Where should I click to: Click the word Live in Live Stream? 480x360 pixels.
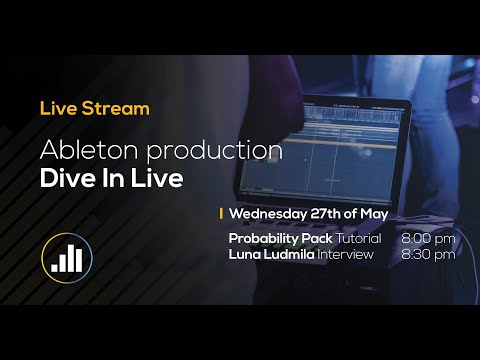click(x=57, y=107)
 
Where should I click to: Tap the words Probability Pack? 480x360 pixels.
click(x=280, y=240)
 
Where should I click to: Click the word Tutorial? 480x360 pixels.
click(x=357, y=240)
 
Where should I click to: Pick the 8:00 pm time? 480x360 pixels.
click(x=428, y=240)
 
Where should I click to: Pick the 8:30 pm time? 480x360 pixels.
click(x=428, y=255)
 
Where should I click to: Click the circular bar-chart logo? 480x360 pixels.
click(x=67, y=258)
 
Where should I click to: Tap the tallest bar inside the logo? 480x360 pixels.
click(x=78, y=257)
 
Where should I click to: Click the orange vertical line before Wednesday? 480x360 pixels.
click(x=221, y=213)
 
